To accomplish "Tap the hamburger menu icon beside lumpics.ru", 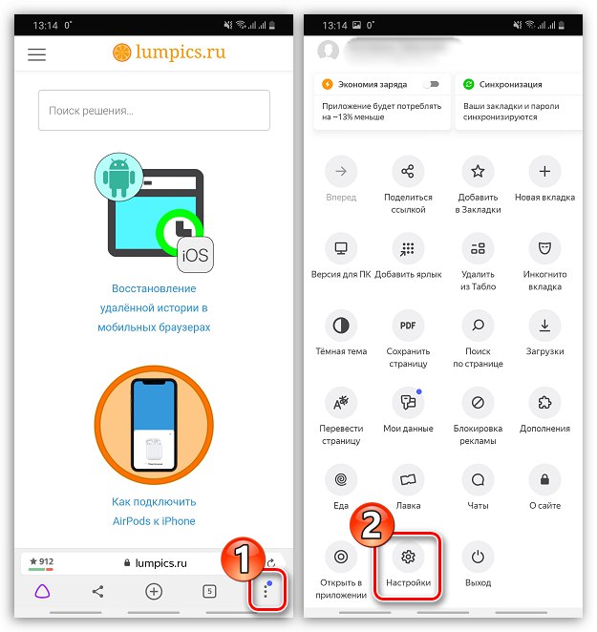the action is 36,54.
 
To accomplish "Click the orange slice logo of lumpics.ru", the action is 122,53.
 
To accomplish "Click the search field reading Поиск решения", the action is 154,111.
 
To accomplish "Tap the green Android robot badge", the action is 119,177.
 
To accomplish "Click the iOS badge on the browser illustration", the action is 196,255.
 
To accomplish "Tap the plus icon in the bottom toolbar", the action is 154,591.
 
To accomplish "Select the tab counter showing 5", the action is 209,591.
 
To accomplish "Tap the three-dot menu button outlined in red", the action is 267,590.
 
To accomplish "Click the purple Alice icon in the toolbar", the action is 42,591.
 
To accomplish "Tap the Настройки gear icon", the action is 408,557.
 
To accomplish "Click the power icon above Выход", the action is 478,557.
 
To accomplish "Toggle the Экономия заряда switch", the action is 432,84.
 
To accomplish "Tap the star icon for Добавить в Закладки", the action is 478,171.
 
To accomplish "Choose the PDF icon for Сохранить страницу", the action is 408,326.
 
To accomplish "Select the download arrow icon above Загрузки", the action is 544,326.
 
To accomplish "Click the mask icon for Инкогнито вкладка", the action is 544,248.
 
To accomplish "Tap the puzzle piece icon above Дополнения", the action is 544,402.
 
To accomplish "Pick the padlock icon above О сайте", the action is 544,479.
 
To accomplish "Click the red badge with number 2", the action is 372,524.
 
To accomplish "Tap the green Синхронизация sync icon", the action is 468,84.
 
